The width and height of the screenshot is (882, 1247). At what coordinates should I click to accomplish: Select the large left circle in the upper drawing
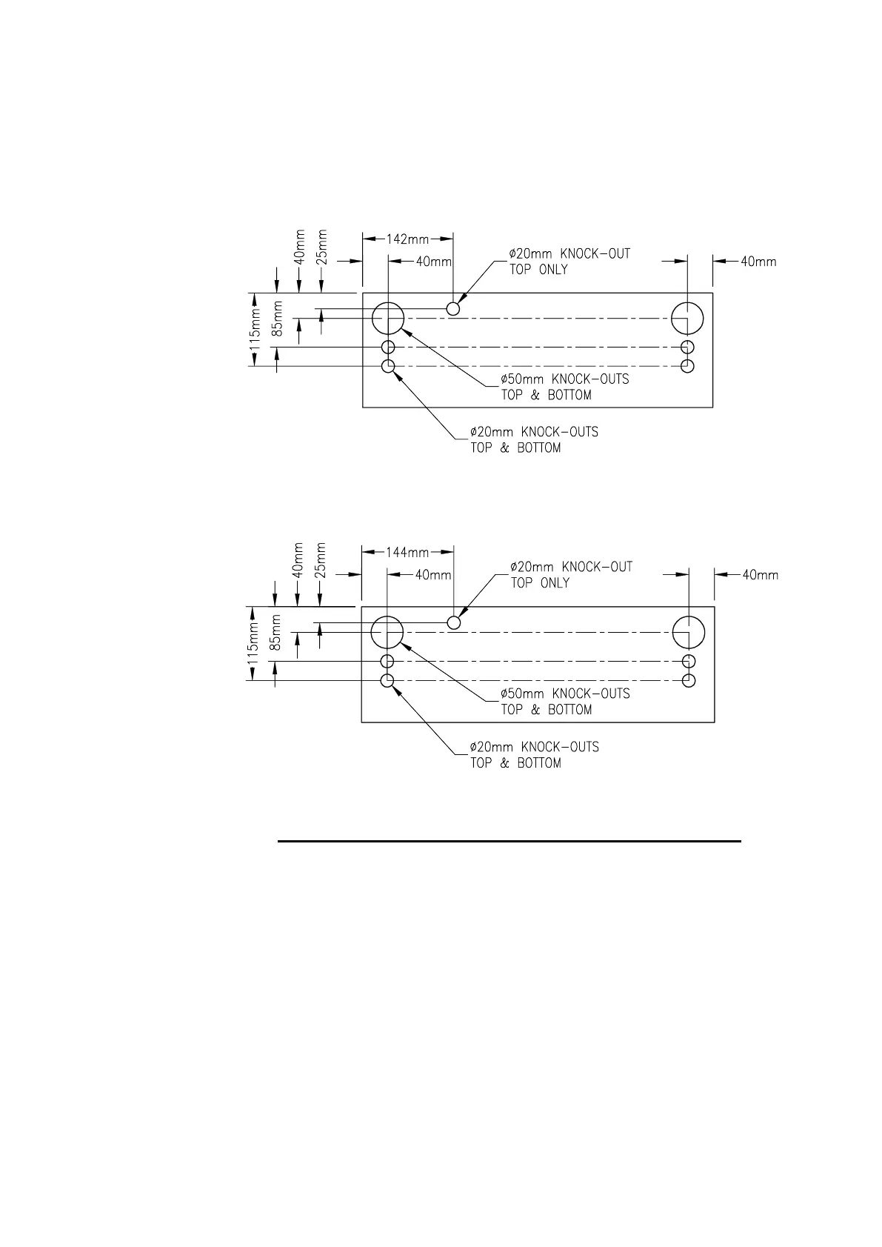tap(387, 319)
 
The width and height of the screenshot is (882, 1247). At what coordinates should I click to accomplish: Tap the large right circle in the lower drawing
tap(689, 633)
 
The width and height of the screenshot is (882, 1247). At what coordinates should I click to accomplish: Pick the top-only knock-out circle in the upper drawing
tap(453, 308)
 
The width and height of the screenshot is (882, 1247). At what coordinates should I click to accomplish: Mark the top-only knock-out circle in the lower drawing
tap(454, 622)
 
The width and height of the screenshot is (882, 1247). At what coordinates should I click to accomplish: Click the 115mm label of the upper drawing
tap(255, 330)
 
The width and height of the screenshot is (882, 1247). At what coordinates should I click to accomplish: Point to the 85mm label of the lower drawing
tap(275, 633)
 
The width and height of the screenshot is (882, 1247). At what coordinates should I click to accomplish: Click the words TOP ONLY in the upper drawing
tap(538, 270)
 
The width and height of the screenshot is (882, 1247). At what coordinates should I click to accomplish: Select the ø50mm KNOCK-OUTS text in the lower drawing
tap(565, 694)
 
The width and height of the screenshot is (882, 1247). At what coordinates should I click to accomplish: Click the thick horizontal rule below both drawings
tap(509, 841)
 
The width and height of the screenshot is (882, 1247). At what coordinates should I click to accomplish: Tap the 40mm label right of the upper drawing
tap(758, 261)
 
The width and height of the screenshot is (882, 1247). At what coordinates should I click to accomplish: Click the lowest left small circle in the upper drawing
tap(387, 366)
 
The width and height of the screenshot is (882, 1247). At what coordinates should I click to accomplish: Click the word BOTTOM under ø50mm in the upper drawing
tap(569, 396)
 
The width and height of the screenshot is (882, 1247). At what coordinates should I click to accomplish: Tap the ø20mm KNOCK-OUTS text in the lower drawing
tap(534, 747)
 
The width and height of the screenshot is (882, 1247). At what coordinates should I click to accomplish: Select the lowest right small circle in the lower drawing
tap(689, 680)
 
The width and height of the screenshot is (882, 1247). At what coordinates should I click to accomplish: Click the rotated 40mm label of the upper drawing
tap(299, 247)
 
